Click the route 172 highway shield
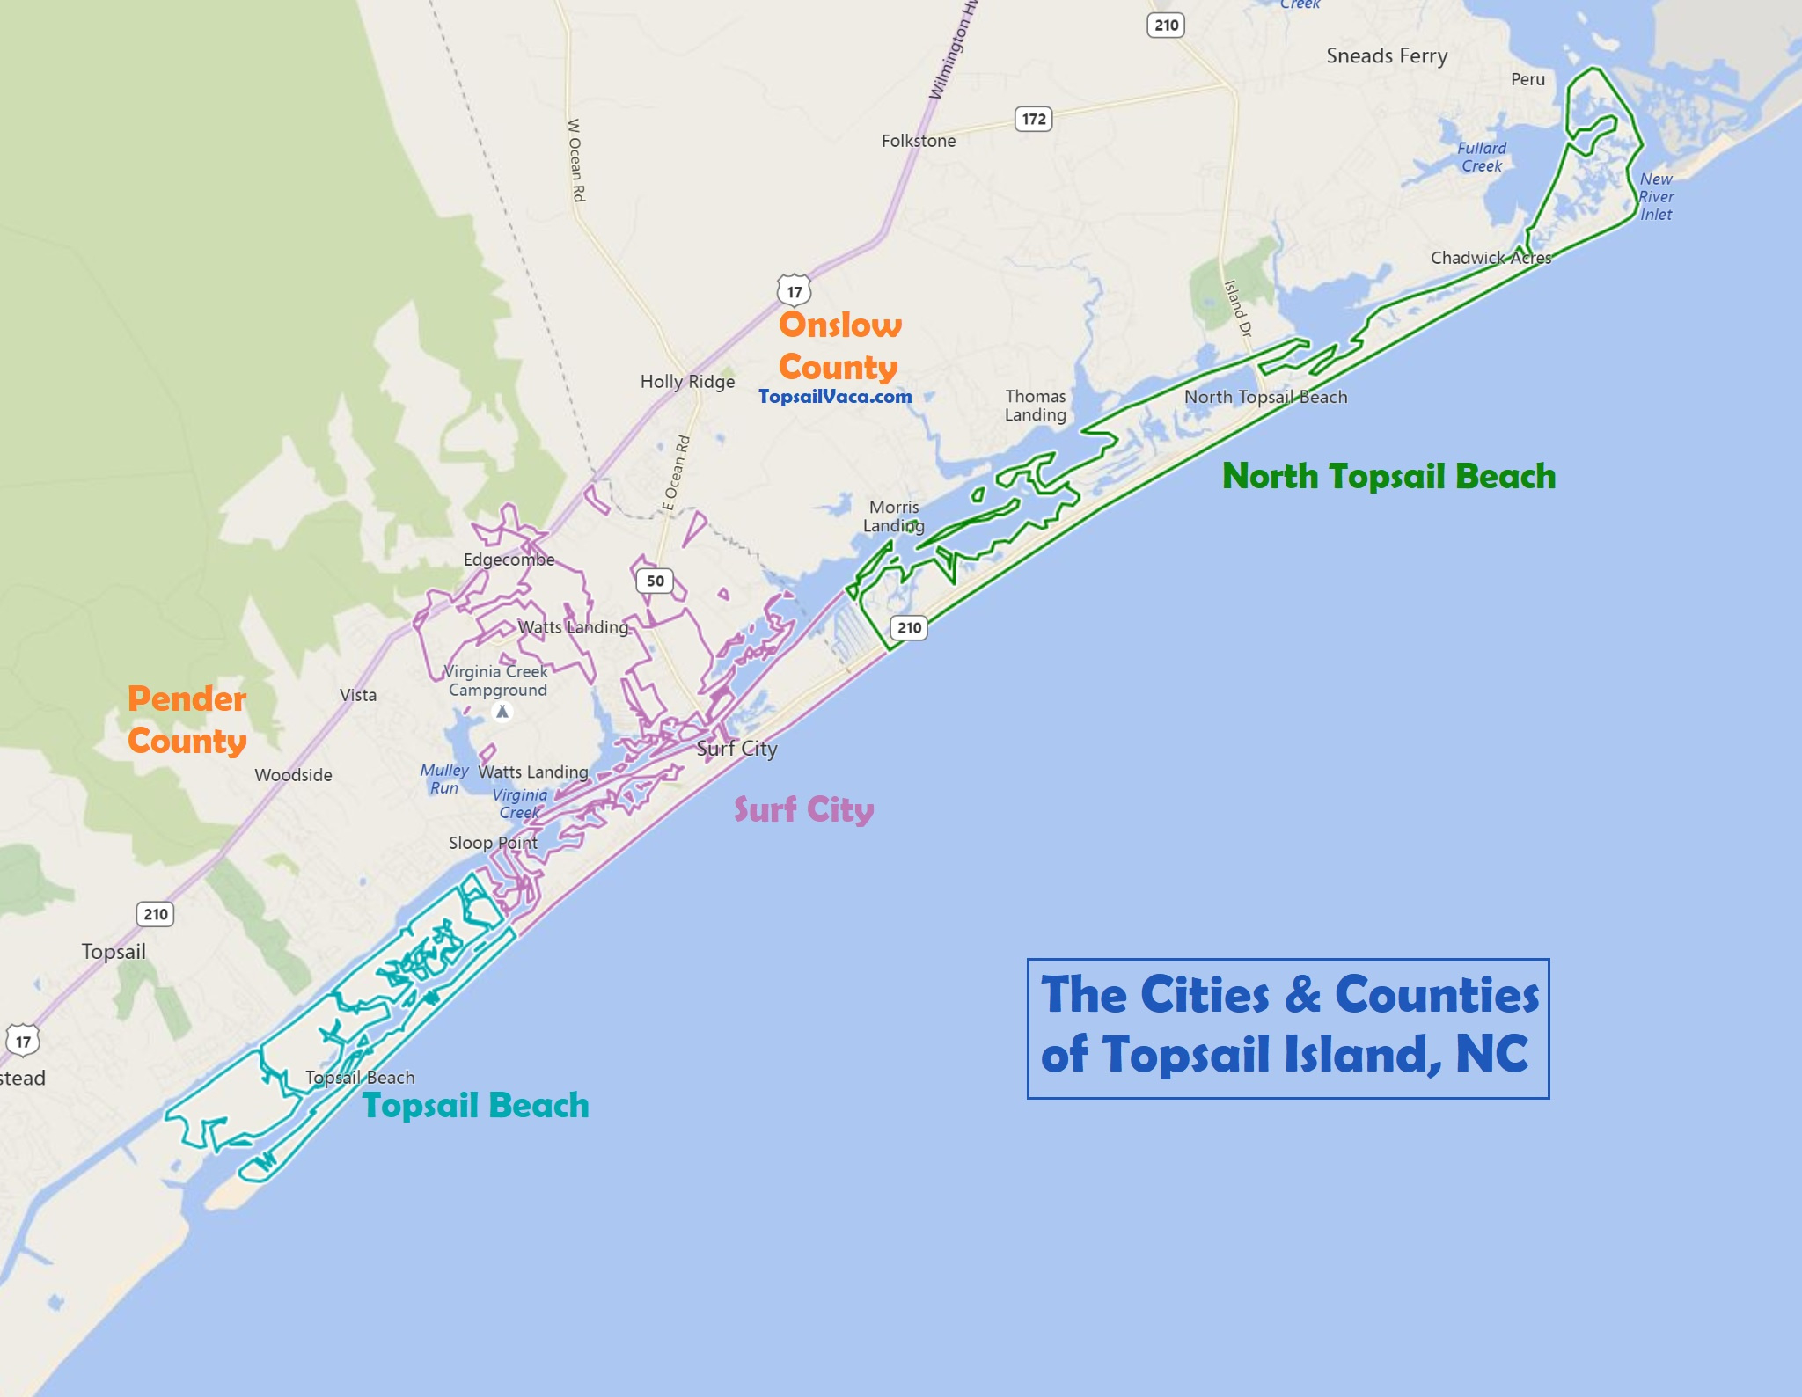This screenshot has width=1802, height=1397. pyautogui.click(x=1034, y=119)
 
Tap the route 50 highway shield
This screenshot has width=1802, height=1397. pyautogui.click(x=655, y=581)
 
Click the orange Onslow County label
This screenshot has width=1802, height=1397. pyautogui.click(x=839, y=346)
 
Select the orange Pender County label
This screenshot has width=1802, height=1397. pyautogui.click(x=187, y=720)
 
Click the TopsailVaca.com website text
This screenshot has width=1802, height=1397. pyautogui.click(x=835, y=397)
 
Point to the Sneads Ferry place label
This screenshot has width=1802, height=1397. pyautogui.click(x=1387, y=56)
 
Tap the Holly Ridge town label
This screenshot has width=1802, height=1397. pyautogui.click(x=687, y=382)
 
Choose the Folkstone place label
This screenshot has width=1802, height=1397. pyautogui.click(x=919, y=141)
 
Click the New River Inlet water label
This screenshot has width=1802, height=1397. pyautogui.click(x=1656, y=196)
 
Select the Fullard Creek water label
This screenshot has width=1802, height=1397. pyautogui.click(x=1482, y=157)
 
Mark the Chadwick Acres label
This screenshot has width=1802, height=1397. pyautogui.click(x=1491, y=258)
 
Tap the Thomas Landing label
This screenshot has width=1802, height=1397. pyautogui.click(x=1036, y=406)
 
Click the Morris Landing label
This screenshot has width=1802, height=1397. pyautogui.click(x=893, y=516)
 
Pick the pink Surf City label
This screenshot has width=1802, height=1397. pyautogui.click(x=803, y=809)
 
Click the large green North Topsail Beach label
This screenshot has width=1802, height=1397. pyautogui.click(x=1388, y=476)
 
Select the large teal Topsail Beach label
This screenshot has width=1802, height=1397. pyautogui.click(x=475, y=1105)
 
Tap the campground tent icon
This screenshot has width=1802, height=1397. pyautogui.click(x=502, y=712)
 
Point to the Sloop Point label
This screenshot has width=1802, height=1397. pyautogui.click(x=493, y=843)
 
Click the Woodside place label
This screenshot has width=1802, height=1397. pyautogui.click(x=293, y=775)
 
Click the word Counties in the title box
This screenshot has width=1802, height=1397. pyautogui.click(x=1437, y=995)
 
